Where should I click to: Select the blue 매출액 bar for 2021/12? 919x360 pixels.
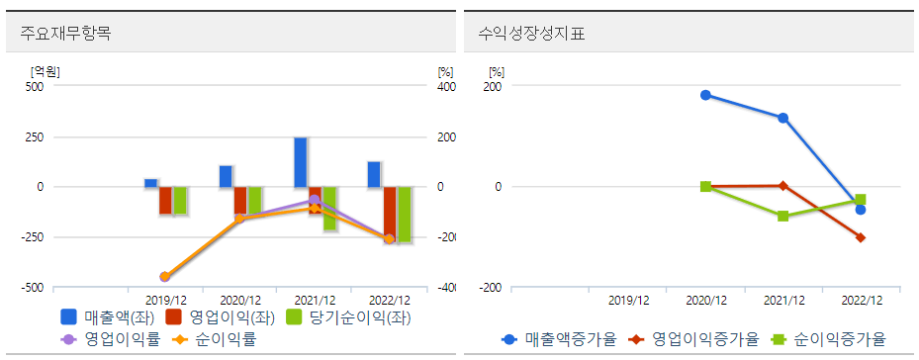pos(300,162)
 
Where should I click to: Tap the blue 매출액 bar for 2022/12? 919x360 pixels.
pos(374,174)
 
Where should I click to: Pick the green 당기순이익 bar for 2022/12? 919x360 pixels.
pos(404,214)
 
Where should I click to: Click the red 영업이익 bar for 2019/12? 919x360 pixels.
pos(165,200)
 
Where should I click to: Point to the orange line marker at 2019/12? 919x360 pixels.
pos(165,277)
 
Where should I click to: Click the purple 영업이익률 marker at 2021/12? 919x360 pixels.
pos(315,200)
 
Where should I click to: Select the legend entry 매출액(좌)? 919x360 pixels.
pos(102,317)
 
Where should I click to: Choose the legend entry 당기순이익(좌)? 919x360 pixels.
pos(346,317)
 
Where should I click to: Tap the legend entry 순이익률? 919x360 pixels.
pos(218,339)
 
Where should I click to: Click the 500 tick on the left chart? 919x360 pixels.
pos(35,86)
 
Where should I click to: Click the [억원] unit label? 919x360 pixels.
pos(46,70)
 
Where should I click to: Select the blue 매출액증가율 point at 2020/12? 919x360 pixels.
pos(705,95)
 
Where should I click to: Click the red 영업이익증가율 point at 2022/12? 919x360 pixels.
pos(860,237)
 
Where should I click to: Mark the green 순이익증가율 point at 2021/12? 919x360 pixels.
pos(782,216)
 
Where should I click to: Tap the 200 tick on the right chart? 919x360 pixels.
pos(493,86)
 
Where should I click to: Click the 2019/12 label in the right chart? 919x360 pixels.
pos(628,300)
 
